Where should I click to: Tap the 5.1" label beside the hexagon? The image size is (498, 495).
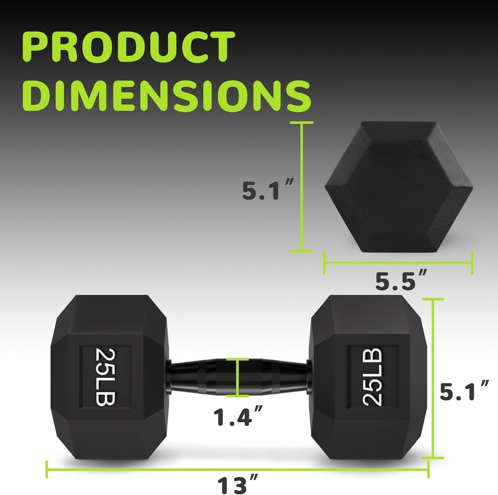pyautogui.click(x=267, y=190)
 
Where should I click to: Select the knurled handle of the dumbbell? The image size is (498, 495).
pyautogui.click(x=238, y=376)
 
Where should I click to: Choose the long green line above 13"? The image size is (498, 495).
pyautogui.click(x=238, y=462)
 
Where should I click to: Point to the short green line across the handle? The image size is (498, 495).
pyautogui.click(x=238, y=377)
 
